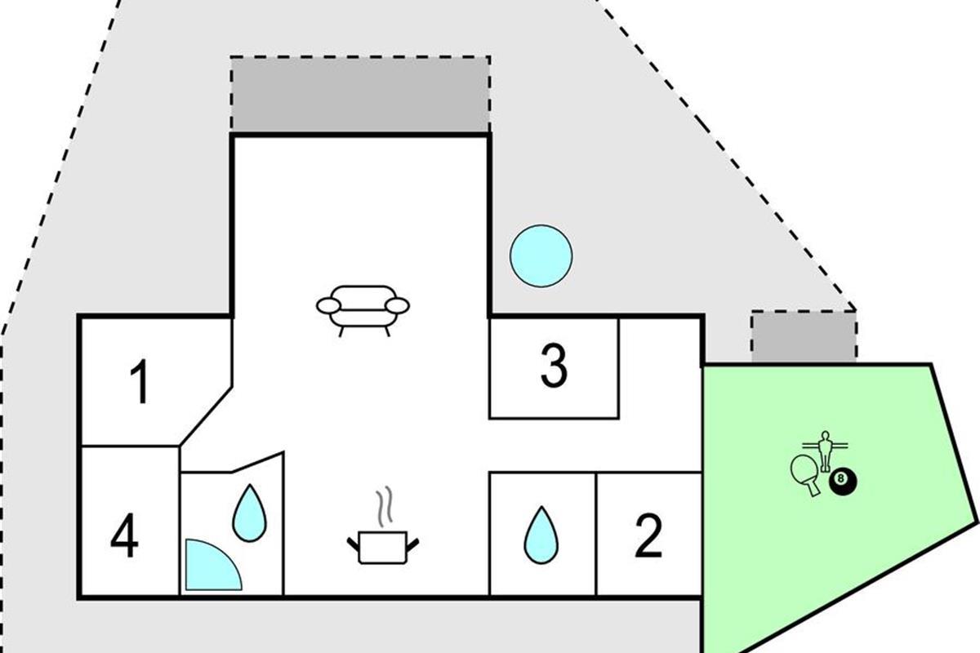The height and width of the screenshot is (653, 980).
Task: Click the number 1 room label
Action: pyautogui.click(x=140, y=381)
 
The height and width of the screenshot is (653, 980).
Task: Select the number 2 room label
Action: pyautogui.click(x=648, y=535)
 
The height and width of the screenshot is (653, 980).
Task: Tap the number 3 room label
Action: pyautogui.click(x=554, y=366)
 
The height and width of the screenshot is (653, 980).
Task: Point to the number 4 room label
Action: pyautogui.click(x=124, y=535)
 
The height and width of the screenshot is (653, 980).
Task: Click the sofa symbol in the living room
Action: pyautogui.click(x=363, y=310)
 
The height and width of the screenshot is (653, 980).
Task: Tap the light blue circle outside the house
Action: pyautogui.click(x=541, y=255)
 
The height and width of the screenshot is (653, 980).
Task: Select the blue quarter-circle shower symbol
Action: pyautogui.click(x=213, y=565)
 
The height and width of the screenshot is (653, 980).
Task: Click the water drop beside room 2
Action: pyautogui.click(x=541, y=535)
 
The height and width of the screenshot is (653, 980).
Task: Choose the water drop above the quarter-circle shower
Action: pyautogui.click(x=249, y=513)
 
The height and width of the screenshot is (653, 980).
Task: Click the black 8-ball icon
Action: pyautogui.click(x=843, y=483)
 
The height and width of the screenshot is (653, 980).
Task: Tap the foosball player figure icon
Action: pyautogui.click(x=825, y=451)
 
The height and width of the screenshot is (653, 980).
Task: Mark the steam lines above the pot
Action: pyautogui.click(x=384, y=506)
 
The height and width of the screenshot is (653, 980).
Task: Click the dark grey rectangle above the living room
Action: pyautogui.click(x=360, y=94)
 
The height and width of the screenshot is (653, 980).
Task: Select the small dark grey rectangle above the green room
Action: pyautogui.click(x=804, y=337)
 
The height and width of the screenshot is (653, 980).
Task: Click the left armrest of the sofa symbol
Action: pyautogui.click(x=328, y=306)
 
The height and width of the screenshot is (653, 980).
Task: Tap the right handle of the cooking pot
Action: pyautogui.click(x=412, y=545)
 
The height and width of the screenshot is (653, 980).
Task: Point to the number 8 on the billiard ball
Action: pyautogui.click(x=840, y=478)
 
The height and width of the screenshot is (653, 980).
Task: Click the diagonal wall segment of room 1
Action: pyautogui.click(x=206, y=416)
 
